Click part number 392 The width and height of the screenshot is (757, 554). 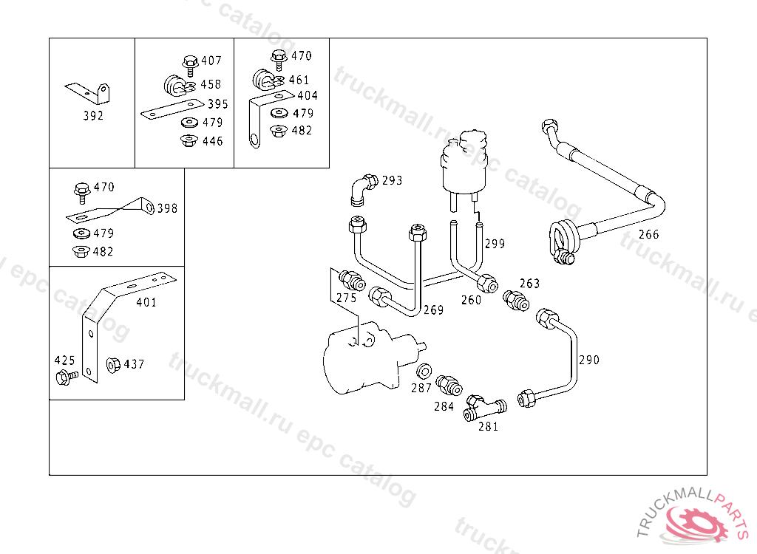tap(93, 116)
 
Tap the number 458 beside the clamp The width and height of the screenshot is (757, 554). tap(211, 84)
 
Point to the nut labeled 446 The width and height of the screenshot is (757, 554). tap(189, 140)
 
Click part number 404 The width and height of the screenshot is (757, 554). tap(307, 96)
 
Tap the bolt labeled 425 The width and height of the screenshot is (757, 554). tap(65, 377)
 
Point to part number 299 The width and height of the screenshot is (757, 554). tap(495, 244)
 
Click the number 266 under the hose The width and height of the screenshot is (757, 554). tap(648, 235)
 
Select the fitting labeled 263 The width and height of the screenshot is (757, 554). tap(514, 300)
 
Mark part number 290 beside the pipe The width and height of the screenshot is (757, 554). tap(589, 360)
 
